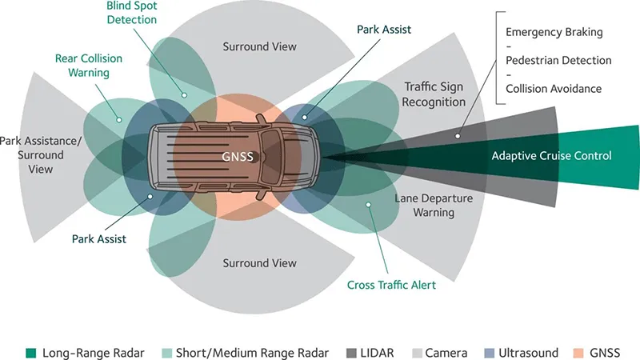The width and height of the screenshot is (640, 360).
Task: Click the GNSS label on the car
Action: [x=238, y=157]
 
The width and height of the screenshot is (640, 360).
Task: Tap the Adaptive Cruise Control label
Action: [x=551, y=156]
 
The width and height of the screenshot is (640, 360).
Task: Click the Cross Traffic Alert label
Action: [x=391, y=285]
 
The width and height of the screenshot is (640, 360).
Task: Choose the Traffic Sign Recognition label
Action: [x=434, y=94]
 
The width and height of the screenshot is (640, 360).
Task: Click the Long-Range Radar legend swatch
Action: [x=31, y=352]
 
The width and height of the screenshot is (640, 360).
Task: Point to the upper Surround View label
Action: [x=259, y=47]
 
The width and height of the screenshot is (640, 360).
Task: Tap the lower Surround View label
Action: [x=259, y=263]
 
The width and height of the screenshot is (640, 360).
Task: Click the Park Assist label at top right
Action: [x=385, y=30]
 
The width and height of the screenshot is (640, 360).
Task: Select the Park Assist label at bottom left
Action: [x=98, y=238]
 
